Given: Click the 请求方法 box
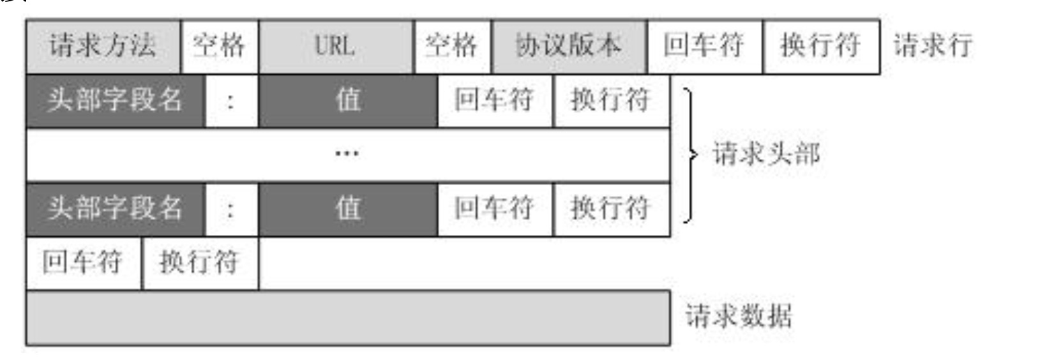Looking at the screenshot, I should (x=103, y=47).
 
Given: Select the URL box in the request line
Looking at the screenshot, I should (x=336, y=47).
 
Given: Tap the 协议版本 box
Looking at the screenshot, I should (x=569, y=47).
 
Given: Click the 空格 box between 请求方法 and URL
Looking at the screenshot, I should (x=220, y=47).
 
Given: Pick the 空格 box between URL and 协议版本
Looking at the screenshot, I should (x=452, y=47).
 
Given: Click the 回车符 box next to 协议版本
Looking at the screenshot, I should (x=704, y=47).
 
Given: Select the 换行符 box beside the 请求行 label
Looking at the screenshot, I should (x=820, y=47).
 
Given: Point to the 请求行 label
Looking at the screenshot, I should (x=933, y=46).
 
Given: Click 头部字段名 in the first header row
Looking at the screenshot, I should (x=115, y=101).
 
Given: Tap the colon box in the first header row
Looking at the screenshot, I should (x=231, y=101).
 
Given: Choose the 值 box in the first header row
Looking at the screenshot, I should (x=348, y=101).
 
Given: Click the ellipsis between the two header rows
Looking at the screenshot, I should (x=347, y=154).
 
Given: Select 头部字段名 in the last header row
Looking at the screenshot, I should (x=115, y=209).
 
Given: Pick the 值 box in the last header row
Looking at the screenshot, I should (x=348, y=209).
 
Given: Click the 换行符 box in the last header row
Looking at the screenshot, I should (x=611, y=209).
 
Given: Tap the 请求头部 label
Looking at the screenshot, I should (x=766, y=154).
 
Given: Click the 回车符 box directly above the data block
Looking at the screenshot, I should (x=83, y=262).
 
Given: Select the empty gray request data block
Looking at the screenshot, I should (x=348, y=317).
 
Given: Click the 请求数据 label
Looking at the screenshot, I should (x=739, y=316).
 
